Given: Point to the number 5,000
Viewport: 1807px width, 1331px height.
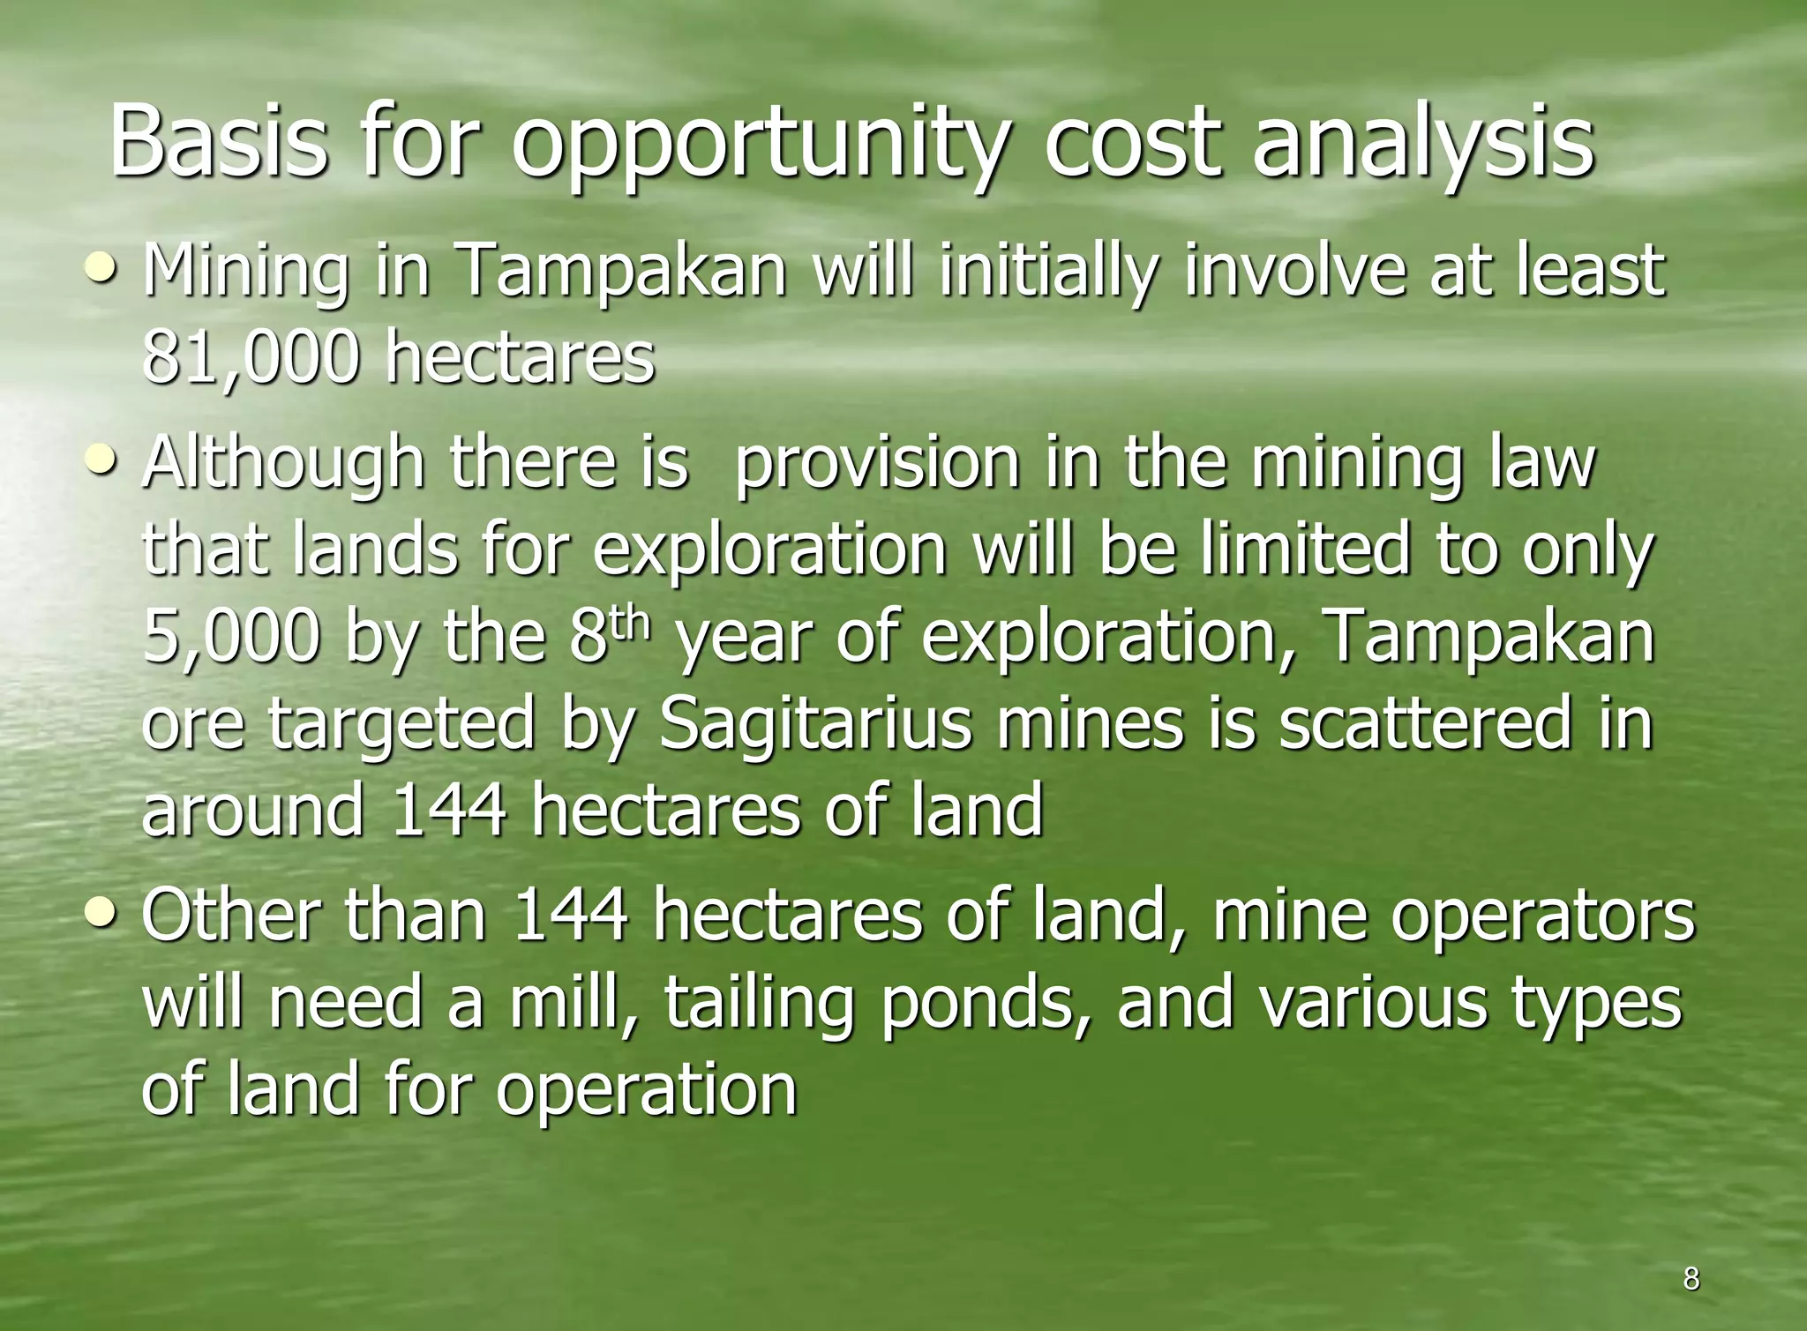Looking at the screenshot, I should click(229, 637).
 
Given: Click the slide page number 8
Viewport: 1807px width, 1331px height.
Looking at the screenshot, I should click(1691, 1278).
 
